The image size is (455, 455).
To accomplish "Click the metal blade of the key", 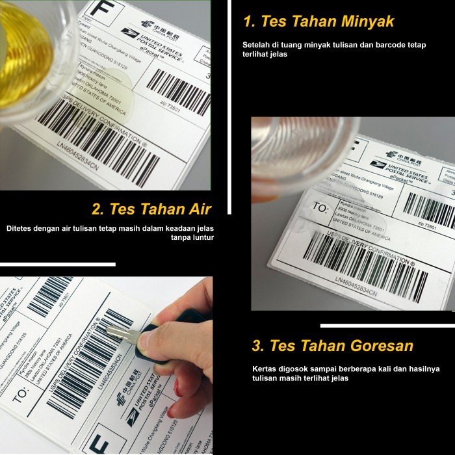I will pyautogui.click(x=123, y=334).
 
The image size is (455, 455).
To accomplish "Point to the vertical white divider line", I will pyautogui.click(x=229, y=97).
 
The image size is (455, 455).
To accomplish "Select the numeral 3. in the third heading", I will pyautogui.click(x=257, y=345).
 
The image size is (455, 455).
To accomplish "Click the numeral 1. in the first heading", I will pyautogui.click(x=248, y=21).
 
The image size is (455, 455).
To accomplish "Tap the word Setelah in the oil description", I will pyautogui.click(x=255, y=45).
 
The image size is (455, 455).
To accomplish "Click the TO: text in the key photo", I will pyautogui.click(x=20, y=393).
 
